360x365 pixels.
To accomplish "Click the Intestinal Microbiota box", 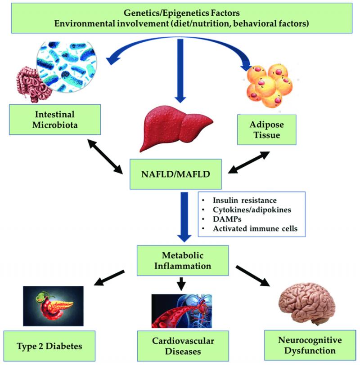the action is (x=55, y=120).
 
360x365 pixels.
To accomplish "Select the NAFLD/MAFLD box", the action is (x=175, y=174).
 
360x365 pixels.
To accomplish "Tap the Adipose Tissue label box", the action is (x=267, y=129).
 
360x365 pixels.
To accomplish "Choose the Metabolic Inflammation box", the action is (x=183, y=260).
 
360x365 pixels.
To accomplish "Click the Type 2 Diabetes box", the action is (x=49, y=346).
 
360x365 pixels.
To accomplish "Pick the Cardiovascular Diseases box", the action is (x=183, y=346).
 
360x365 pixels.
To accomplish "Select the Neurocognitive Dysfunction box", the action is (x=310, y=345).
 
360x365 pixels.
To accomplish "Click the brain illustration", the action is (x=307, y=303).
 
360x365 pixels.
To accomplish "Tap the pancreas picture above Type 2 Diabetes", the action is (x=53, y=306).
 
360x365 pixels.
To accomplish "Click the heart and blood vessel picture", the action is (x=182, y=311).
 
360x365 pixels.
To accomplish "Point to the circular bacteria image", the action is (x=67, y=67).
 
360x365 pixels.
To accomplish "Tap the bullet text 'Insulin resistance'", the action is (x=245, y=200).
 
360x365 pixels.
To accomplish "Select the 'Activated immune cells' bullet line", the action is (x=255, y=228).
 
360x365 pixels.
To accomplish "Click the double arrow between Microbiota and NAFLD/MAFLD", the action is (x=105, y=156).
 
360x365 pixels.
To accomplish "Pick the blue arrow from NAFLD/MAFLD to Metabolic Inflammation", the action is (x=184, y=217).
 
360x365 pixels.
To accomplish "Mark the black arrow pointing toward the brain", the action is (x=253, y=276).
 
